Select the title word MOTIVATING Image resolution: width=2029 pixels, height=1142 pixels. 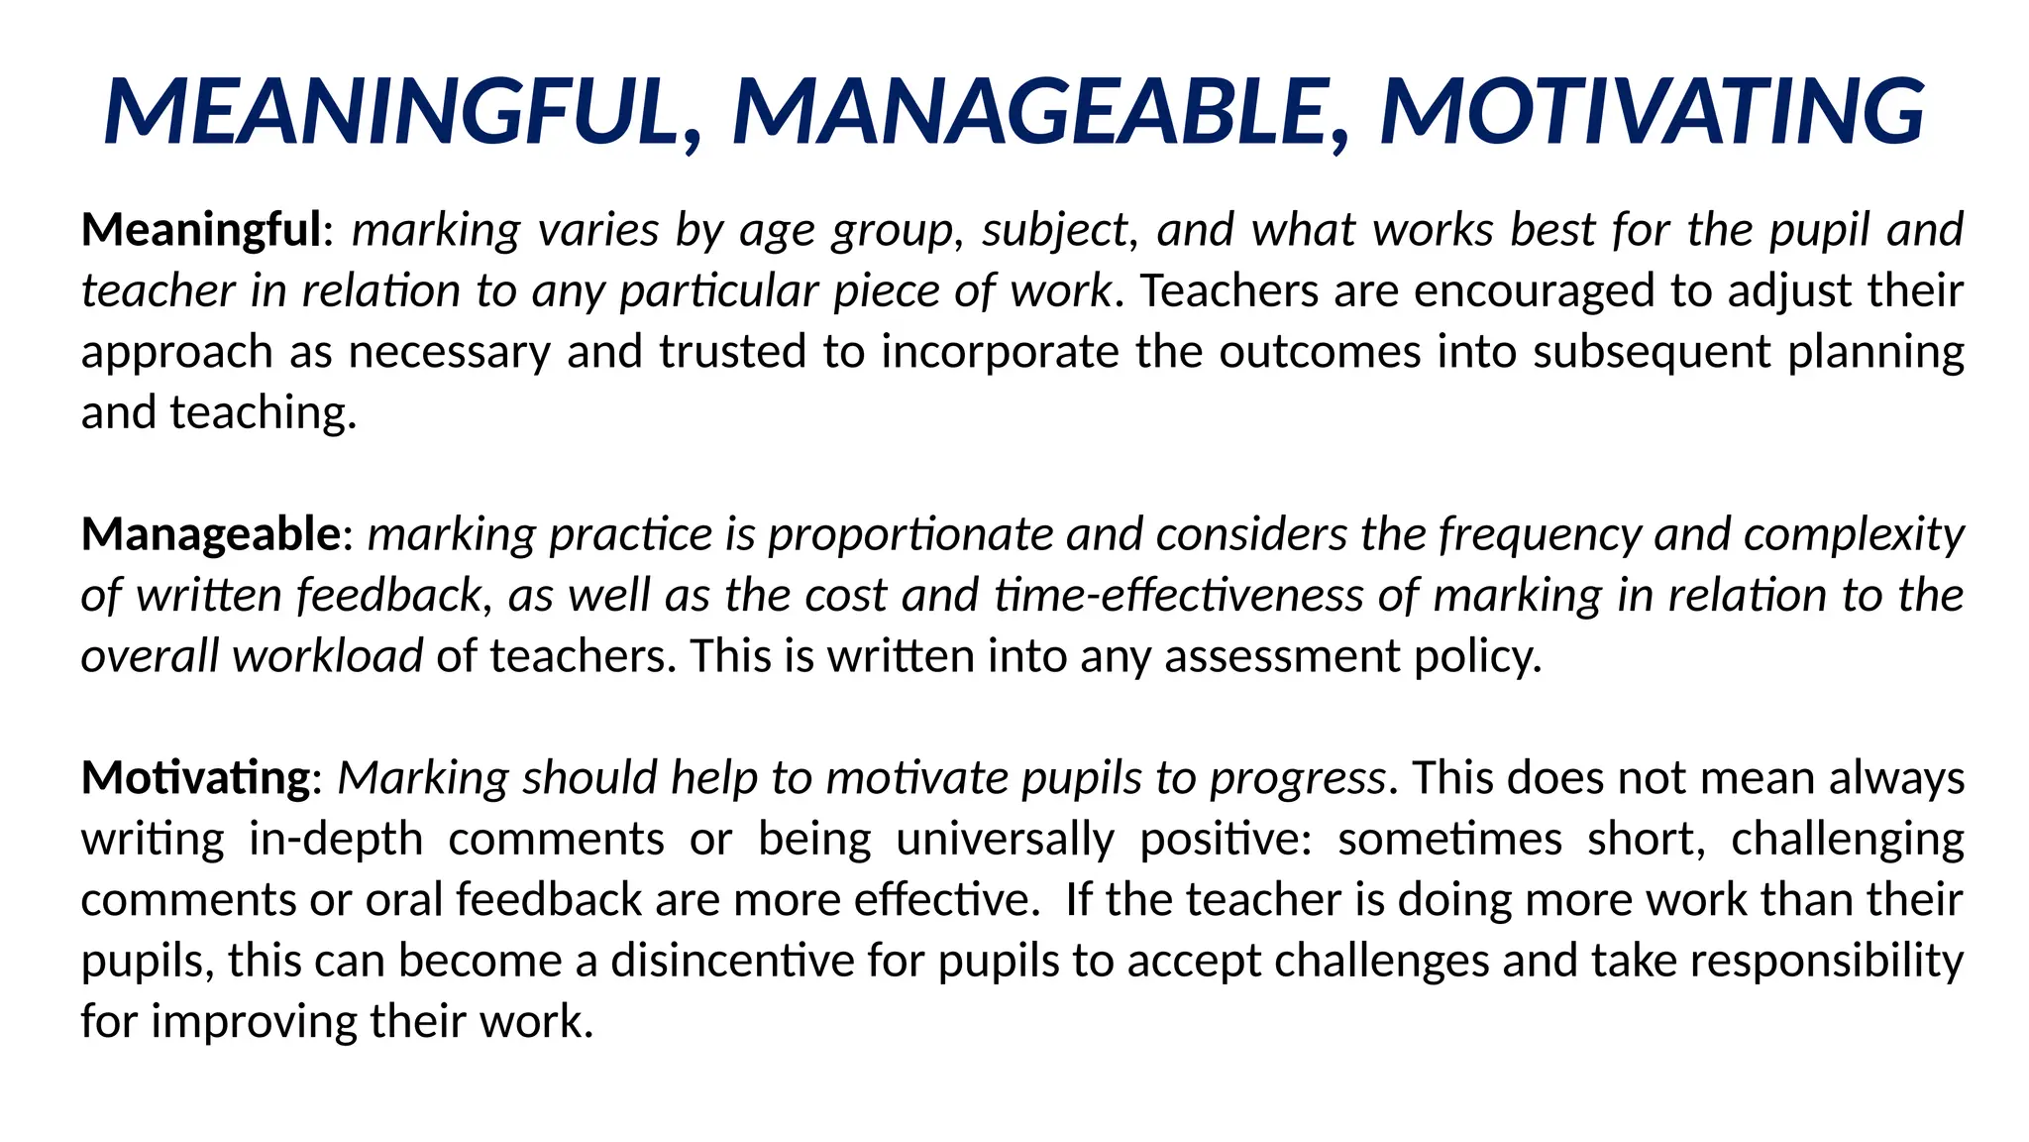tap(1652, 111)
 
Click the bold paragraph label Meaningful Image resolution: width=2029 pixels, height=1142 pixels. tap(201, 230)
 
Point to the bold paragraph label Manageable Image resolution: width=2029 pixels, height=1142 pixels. tap(211, 535)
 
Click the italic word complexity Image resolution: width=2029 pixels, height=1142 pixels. tap(1853, 535)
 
